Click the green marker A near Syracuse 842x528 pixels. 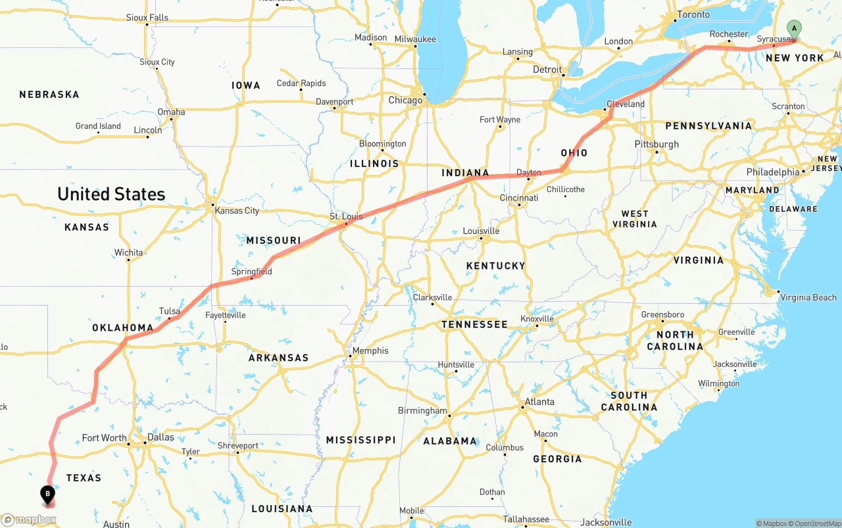coord(795,29)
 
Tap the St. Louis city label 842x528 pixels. coord(346,216)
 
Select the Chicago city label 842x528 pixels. coord(405,101)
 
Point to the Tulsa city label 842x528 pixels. coord(169,311)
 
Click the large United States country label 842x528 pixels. coord(111,194)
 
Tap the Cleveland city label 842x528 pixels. coord(626,104)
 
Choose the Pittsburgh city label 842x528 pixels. coord(656,144)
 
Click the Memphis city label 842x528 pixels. coord(370,350)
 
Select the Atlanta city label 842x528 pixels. coord(539,402)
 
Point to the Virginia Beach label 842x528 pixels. coord(808,297)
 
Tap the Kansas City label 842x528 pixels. coord(237,210)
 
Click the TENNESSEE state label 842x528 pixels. coord(474,324)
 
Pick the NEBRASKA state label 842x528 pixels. coord(49,95)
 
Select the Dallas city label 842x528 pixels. coord(161,437)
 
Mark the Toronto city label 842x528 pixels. coord(693,14)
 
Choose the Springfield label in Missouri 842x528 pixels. coord(251,272)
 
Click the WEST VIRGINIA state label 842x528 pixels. coord(635,219)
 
